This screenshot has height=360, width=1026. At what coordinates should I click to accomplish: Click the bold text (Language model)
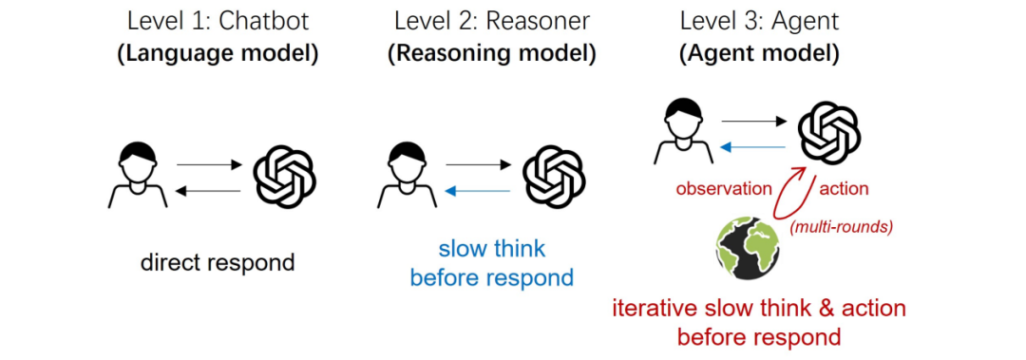click(x=218, y=53)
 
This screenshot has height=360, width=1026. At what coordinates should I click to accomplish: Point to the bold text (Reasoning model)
click(x=492, y=53)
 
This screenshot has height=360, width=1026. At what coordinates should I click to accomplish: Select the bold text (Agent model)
click(x=759, y=53)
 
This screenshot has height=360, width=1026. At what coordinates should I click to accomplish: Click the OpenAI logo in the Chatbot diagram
click(x=284, y=177)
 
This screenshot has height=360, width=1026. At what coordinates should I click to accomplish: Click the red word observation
click(x=724, y=188)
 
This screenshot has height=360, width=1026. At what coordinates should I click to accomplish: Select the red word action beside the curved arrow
click(x=844, y=188)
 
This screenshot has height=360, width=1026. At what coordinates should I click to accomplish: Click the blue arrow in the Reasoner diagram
click(x=478, y=190)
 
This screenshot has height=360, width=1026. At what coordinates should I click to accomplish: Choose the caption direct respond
click(x=218, y=263)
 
